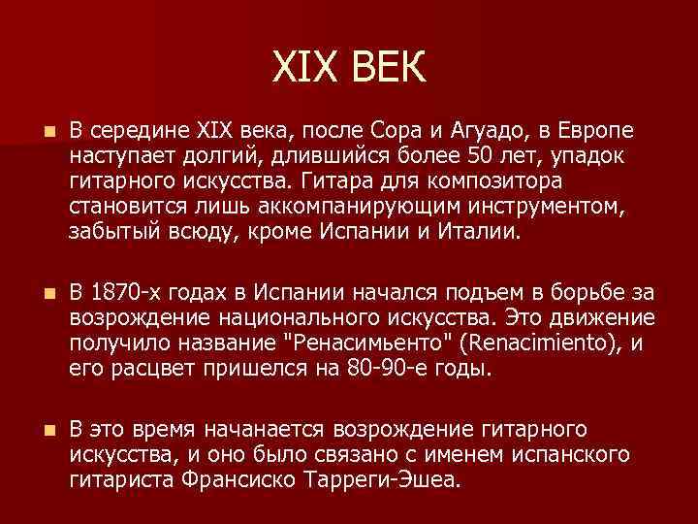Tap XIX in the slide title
click(x=309, y=69)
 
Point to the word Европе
click(x=600, y=130)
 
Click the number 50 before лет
click(x=483, y=155)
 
